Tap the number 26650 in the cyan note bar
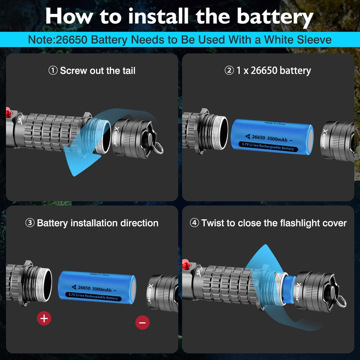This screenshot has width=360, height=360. [x=72, y=40]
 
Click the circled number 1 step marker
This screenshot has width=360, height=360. [x=53, y=71]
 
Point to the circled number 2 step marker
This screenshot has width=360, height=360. [x=229, y=71]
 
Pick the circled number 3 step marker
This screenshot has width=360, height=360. [x=30, y=223]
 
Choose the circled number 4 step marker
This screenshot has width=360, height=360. [x=194, y=223]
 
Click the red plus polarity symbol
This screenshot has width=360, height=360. [x=44, y=318]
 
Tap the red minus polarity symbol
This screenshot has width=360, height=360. [x=142, y=323]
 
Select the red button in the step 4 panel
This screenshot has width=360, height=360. [x=186, y=266]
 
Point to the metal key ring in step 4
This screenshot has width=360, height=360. [x=341, y=300]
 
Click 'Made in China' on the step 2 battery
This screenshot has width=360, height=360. [x=275, y=123]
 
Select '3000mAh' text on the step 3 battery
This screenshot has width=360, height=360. [x=102, y=289]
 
